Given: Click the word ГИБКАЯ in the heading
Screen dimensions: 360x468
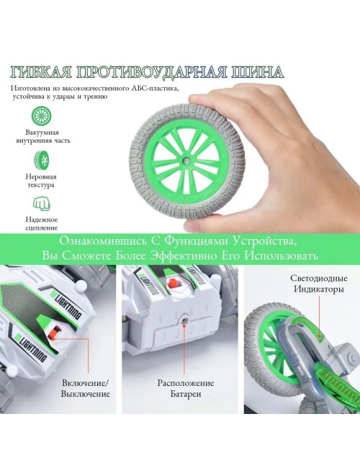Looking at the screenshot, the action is coord(42,72).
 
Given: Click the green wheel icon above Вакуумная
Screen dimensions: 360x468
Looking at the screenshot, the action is coord(42,116).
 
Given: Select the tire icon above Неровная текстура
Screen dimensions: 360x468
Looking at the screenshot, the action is coord(41,161).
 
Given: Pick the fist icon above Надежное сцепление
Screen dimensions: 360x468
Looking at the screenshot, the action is coord(41,204).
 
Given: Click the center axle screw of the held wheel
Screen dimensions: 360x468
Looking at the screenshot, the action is coord(186,161).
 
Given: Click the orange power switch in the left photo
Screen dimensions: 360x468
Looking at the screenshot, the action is coord(55,333).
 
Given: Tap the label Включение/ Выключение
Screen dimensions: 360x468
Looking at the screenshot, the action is coord(86,388).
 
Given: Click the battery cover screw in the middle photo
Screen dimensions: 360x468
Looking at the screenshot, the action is coord(184,320).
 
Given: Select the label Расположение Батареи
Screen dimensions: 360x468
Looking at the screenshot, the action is coord(186,388).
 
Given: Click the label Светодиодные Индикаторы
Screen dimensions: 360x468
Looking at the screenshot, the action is coord(319,284).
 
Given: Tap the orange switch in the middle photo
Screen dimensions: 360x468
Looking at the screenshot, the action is coord(173,283).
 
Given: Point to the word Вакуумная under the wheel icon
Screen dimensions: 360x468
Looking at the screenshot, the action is coord(42,132).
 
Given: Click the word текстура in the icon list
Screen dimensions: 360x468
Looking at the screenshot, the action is coord(41,185).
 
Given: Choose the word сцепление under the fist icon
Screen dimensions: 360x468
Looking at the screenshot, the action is coord(42,228).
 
